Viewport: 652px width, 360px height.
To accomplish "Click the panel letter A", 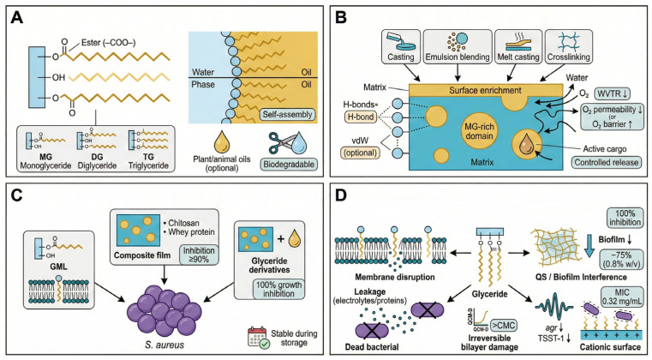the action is pyautogui.click(x=16, y=19).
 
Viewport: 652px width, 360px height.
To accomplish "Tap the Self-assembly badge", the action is pyautogui.click(x=287, y=115).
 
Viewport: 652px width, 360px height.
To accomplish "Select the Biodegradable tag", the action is pyautogui.click(x=289, y=164).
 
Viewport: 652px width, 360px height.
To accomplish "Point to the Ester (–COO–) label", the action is pyautogui.click(x=108, y=43).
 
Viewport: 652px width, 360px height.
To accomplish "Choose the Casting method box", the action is pyautogui.click(x=401, y=46).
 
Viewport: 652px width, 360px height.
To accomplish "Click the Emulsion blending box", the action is pyautogui.click(x=458, y=46).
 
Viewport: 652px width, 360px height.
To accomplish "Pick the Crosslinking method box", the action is pyautogui.click(x=568, y=46).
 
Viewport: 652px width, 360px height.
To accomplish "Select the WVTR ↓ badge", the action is pyautogui.click(x=613, y=94).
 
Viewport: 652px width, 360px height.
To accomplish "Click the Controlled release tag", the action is pyautogui.click(x=607, y=162).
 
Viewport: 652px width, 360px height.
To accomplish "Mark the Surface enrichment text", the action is pyautogui.click(x=485, y=90).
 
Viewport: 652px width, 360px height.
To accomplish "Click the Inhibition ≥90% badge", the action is pyautogui.click(x=199, y=255).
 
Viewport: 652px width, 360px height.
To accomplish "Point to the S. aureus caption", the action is pyautogui.click(x=165, y=345).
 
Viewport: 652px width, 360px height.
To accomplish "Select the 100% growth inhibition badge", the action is pyautogui.click(x=278, y=289).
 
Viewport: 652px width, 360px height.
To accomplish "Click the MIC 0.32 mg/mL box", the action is pyautogui.click(x=623, y=297).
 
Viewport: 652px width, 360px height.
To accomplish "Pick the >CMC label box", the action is pyautogui.click(x=504, y=325).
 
